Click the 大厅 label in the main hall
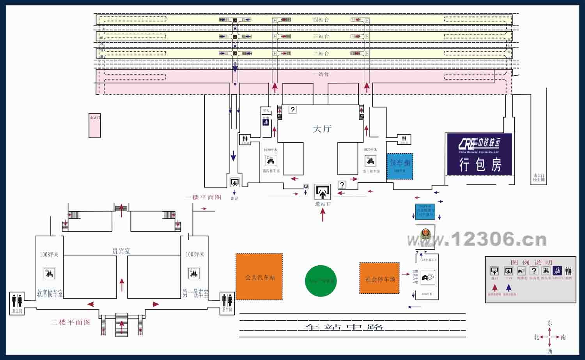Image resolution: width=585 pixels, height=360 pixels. [x=322, y=129]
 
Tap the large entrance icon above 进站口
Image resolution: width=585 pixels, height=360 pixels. [x=323, y=192]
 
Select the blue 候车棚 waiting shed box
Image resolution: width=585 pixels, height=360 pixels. [x=400, y=166]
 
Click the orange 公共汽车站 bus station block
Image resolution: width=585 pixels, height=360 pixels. [x=259, y=277]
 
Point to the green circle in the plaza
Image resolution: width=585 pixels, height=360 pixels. [x=321, y=281]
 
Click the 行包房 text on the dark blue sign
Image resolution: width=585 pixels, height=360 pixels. [x=480, y=165]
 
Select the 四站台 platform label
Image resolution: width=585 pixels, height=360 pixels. [x=321, y=20]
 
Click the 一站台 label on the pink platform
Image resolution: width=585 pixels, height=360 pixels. [x=321, y=74]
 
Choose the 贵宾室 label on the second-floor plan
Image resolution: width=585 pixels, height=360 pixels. [x=121, y=251]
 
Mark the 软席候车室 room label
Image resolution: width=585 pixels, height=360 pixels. [x=50, y=293]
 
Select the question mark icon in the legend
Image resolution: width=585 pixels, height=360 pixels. [x=534, y=271]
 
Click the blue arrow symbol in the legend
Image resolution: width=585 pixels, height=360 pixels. [x=509, y=288]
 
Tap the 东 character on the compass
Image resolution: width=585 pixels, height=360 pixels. [x=550, y=323]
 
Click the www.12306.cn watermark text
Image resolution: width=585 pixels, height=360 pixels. [x=477, y=239]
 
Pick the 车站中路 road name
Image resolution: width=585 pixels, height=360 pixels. [x=343, y=327]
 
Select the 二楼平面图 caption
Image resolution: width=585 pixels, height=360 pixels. [x=71, y=323]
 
